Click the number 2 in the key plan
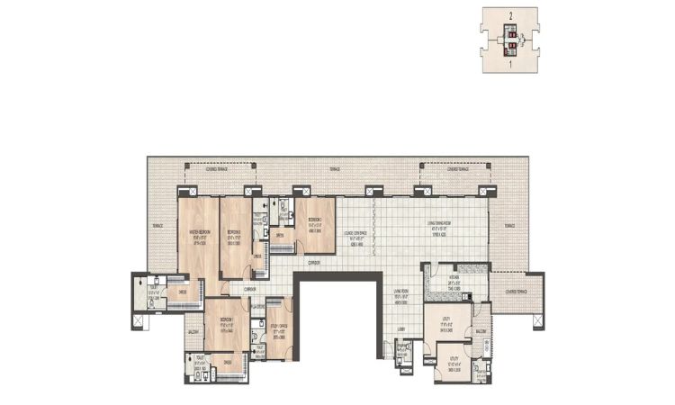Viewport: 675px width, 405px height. pos(509,16)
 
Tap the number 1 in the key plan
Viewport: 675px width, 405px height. pos(509,65)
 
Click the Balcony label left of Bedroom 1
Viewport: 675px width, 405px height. pos(192,331)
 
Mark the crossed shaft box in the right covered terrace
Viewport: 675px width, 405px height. pos(536,318)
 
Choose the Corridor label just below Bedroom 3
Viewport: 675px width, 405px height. pos(314,262)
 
